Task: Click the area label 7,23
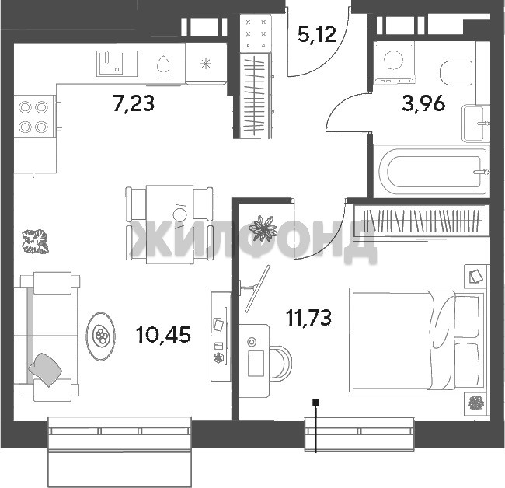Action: [134, 103]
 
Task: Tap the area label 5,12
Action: [317, 34]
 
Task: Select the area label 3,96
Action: [424, 103]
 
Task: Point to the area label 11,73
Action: [309, 317]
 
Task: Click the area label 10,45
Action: [164, 334]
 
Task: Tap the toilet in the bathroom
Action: [458, 73]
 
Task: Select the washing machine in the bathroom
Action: [394, 63]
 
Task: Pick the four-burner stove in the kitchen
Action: [33, 117]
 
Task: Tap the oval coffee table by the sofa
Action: [100, 336]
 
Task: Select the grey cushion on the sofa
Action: [45, 369]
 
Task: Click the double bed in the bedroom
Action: [417, 340]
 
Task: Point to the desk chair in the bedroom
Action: [280, 362]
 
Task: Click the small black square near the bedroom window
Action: [316, 403]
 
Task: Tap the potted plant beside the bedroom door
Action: [263, 228]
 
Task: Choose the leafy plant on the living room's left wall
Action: [36, 242]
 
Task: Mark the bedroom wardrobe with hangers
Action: [421, 221]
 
